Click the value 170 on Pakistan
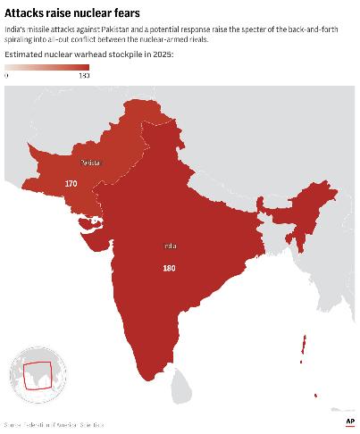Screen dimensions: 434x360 (71, 183)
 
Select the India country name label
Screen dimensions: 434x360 (170, 246)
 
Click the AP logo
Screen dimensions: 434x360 (349, 421)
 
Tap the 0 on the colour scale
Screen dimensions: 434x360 (6, 76)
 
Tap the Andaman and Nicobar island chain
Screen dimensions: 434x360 (306, 349)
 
